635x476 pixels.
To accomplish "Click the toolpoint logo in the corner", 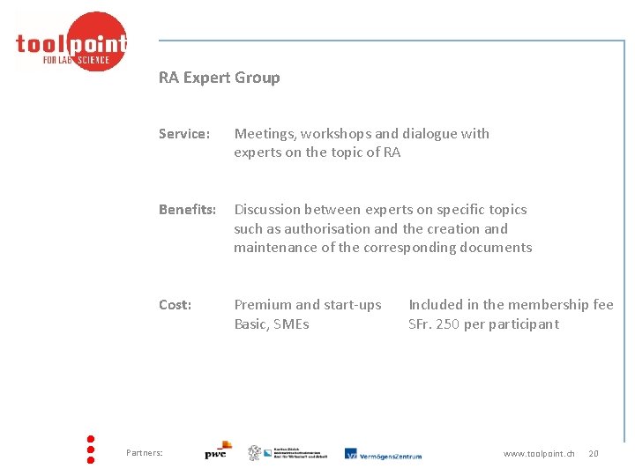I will pos(71,42).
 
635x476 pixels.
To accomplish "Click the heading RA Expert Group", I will pos(219,78).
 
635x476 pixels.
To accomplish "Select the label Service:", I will pos(184,134).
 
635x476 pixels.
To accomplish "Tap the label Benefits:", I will pos(187,210).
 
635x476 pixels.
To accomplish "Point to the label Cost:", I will pos(175,305).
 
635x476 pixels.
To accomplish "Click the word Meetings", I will pos(264,134).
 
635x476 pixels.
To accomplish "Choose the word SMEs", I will pos(291,324).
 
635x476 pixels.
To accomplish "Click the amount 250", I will pos(449,324).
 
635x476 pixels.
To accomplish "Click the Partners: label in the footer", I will pos(145,453).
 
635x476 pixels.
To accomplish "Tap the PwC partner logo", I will pos(217,450).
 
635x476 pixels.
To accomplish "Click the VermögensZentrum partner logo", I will pos(383,454).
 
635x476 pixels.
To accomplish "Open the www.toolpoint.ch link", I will pos(539,453).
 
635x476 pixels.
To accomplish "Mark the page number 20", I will pos(594,453).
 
